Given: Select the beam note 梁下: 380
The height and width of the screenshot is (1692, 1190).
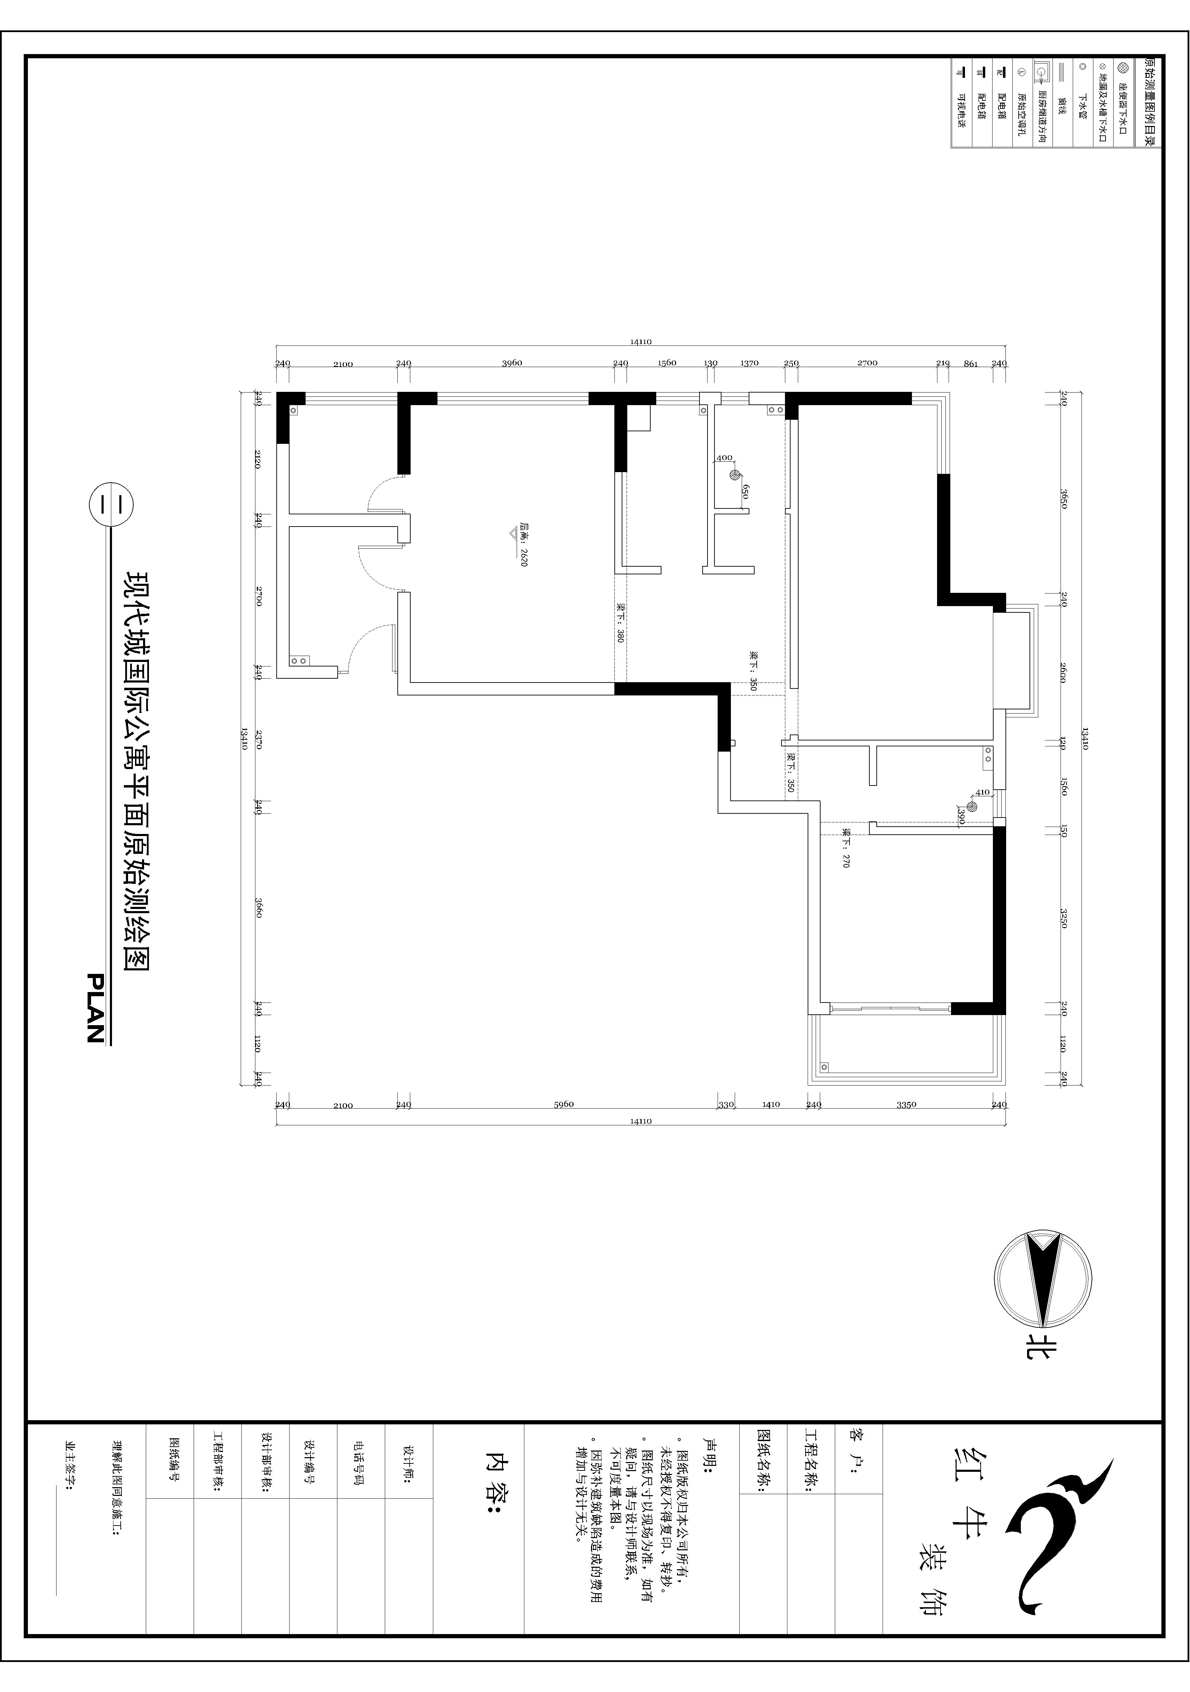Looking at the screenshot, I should (x=620, y=625).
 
